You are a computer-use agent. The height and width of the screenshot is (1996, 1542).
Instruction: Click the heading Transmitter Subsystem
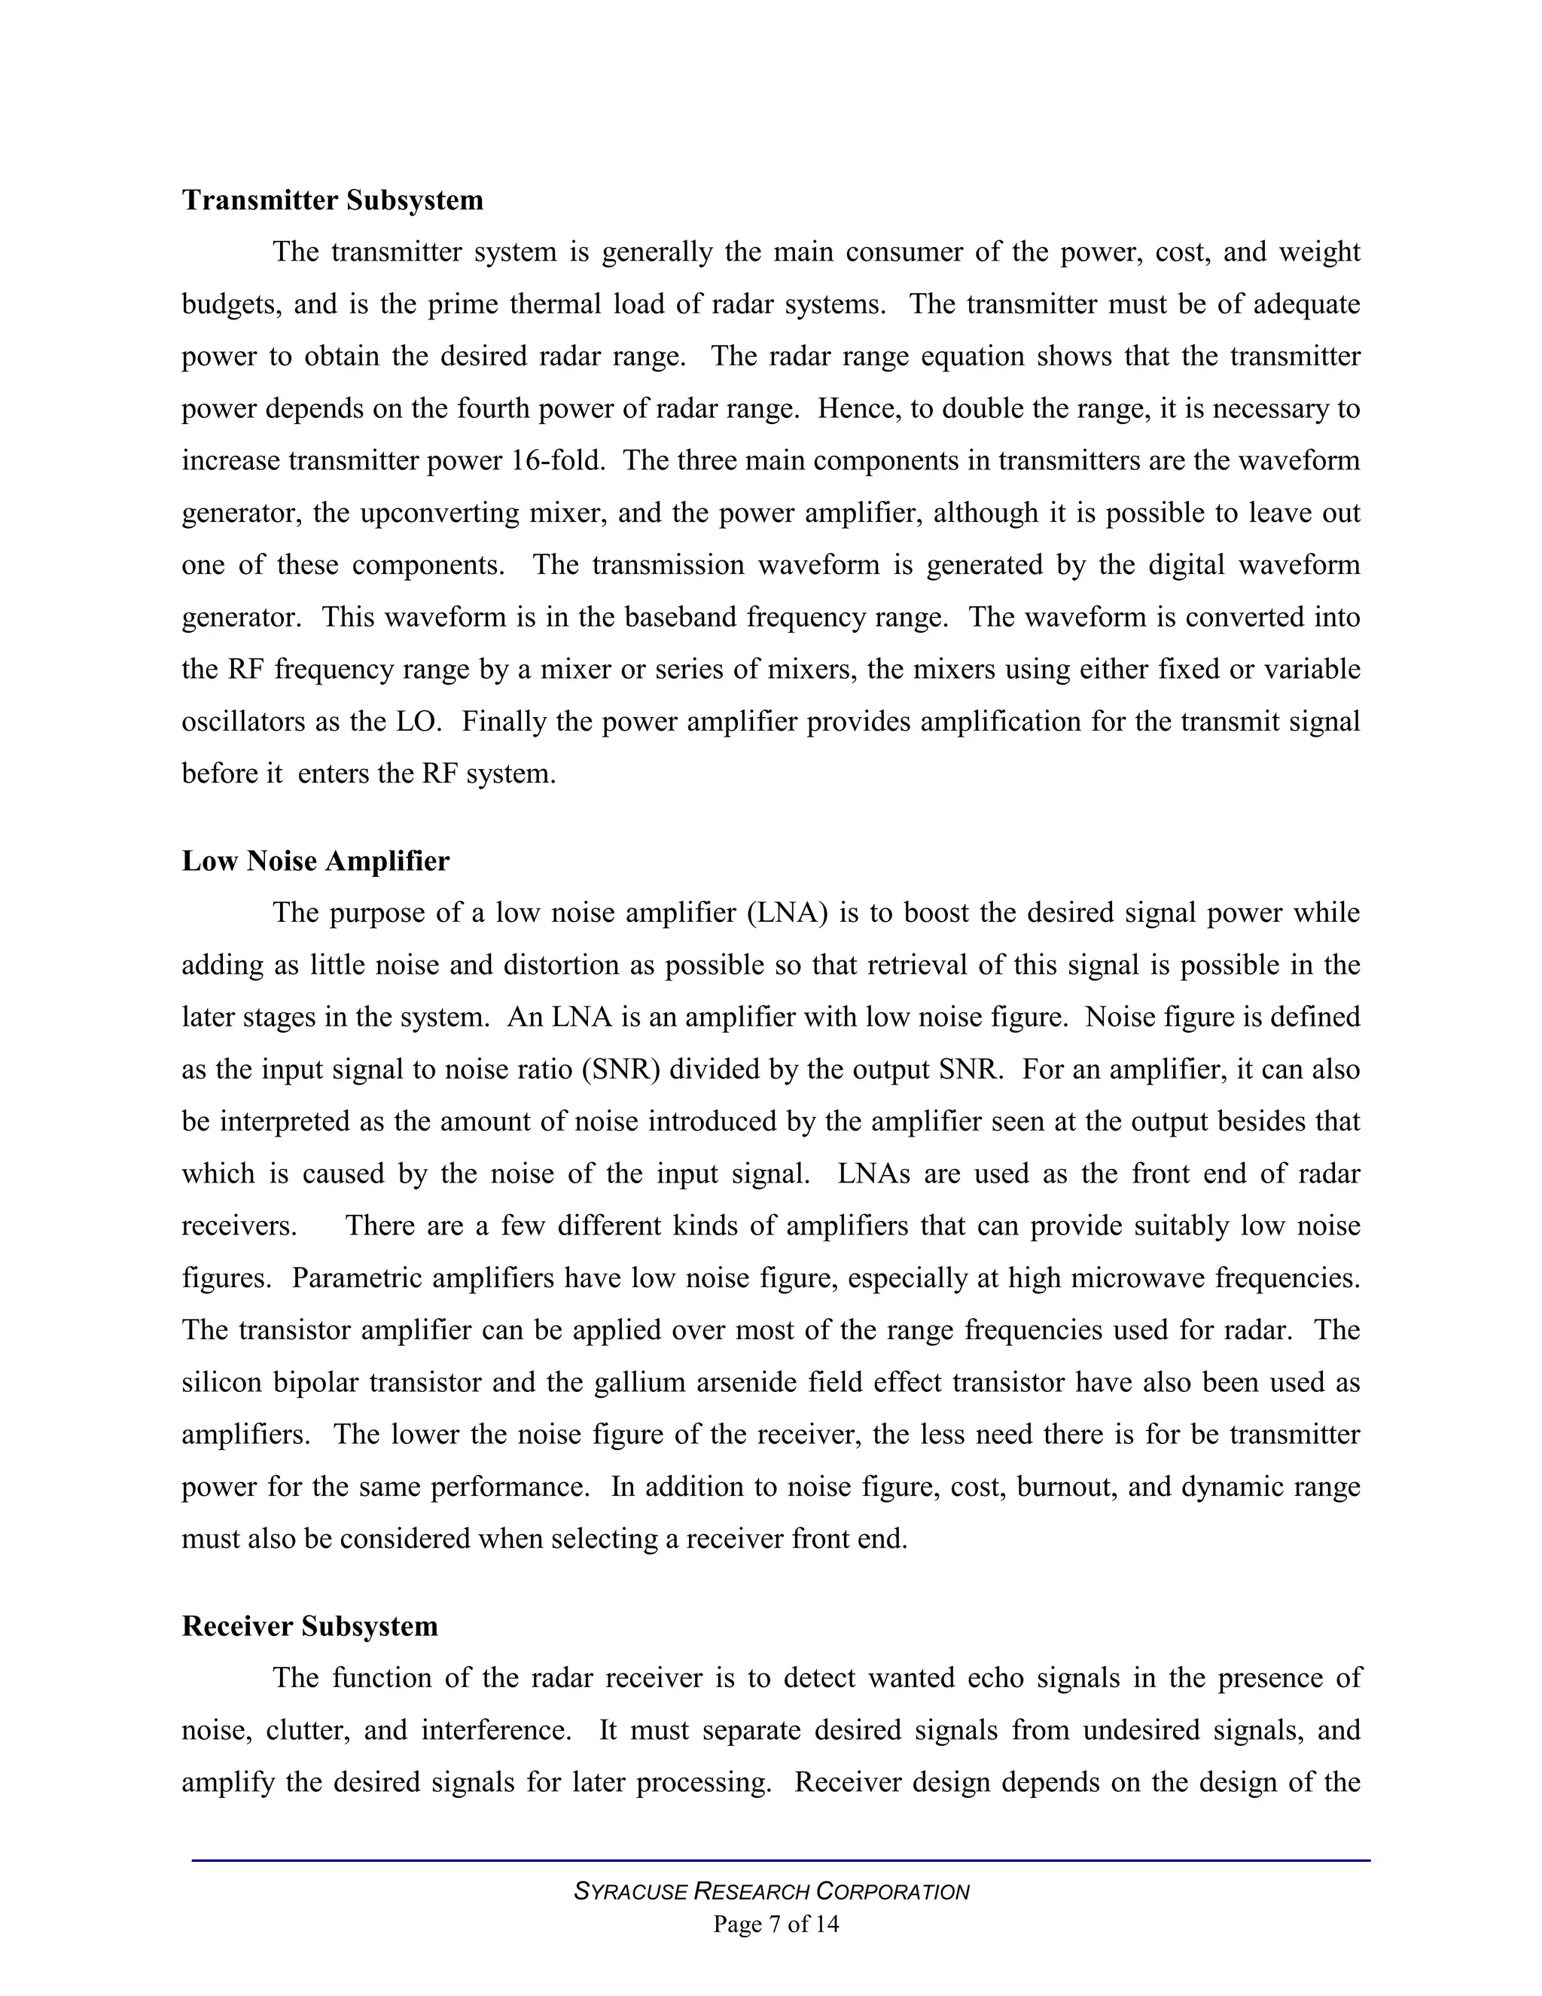coord(333,200)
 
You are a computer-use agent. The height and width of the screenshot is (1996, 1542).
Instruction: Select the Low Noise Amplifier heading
coord(315,861)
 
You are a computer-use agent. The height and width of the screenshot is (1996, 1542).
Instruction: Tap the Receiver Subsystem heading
coord(309,1626)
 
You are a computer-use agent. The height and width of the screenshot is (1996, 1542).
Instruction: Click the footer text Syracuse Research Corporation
coord(771,1891)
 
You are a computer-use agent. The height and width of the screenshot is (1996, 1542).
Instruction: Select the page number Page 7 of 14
coord(776,1924)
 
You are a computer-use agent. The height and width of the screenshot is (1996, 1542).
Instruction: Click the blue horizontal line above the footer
coord(780,1860)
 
